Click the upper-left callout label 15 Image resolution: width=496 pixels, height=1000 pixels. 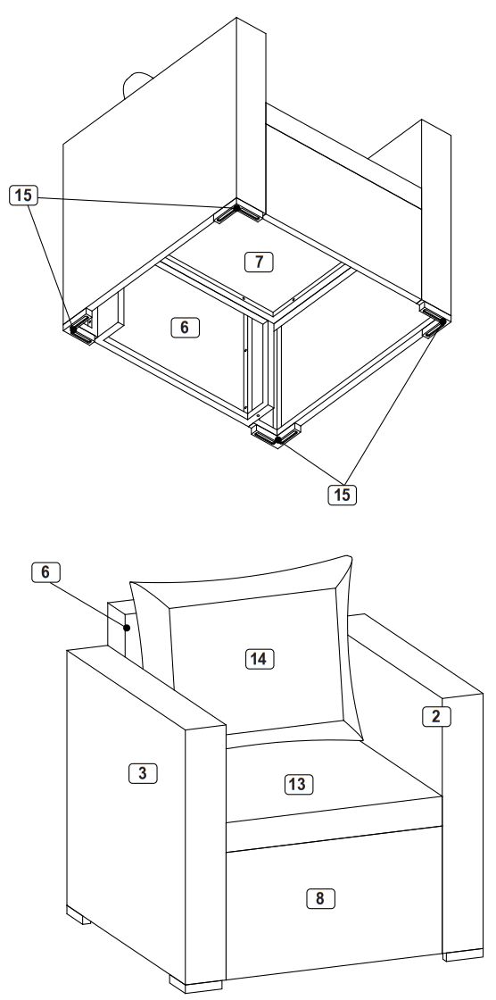point(25,192)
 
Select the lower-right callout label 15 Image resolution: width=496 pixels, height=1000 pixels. point(340,492)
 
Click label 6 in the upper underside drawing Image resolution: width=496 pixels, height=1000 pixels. point(184,327)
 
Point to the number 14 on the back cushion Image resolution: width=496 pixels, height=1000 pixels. point(259,658)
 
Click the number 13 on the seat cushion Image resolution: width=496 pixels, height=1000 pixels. point(297,784)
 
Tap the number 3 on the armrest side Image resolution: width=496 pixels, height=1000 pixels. point(143,774)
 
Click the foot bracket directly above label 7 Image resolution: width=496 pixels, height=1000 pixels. point(238,212)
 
